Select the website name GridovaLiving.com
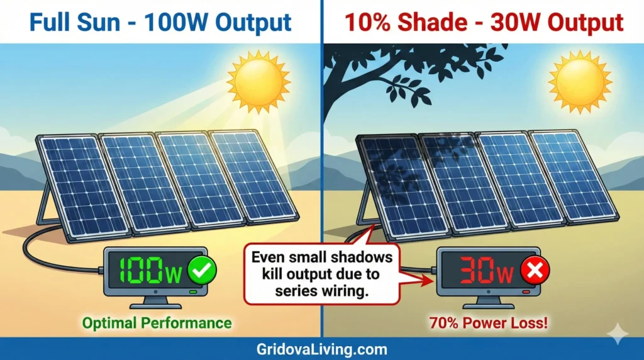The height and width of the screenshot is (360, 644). pyautogui.click(x=321, y=349)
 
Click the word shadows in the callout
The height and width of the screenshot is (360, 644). pyautogui.click(x=361, y=257)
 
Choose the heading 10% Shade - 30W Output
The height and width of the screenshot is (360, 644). pyautogui.click(x=483, y=23)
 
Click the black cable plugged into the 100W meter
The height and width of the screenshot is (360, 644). pyautogui.click(x=38, y=249)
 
